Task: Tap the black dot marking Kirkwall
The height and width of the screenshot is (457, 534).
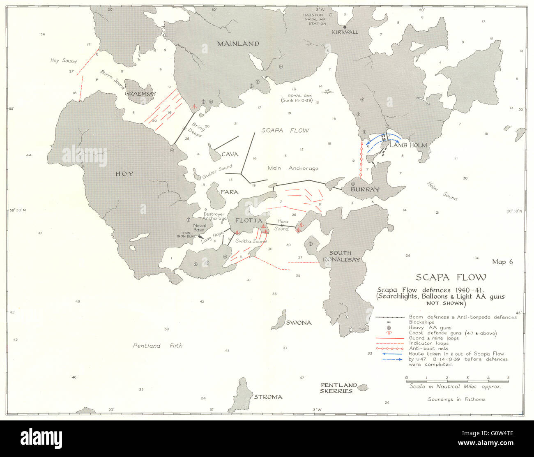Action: point(345,27)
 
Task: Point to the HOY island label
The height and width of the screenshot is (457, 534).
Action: point(124,174)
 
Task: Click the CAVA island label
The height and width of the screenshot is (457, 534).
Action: point(230,154)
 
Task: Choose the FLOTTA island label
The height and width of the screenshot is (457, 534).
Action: point(249,221)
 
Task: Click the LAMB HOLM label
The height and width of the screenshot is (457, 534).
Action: point(408,145)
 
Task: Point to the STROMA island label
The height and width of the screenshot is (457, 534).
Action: point(268,397)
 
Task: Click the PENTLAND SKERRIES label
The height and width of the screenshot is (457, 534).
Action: point(338,388)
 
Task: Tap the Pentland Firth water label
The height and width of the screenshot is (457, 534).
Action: point(157,346)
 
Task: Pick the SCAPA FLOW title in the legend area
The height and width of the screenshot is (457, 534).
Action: point(451,277)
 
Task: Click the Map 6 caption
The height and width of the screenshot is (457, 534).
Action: point(502,262)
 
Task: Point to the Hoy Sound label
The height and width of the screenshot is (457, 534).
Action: point(63,61)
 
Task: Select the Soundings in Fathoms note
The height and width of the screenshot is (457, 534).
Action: point(456,399)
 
